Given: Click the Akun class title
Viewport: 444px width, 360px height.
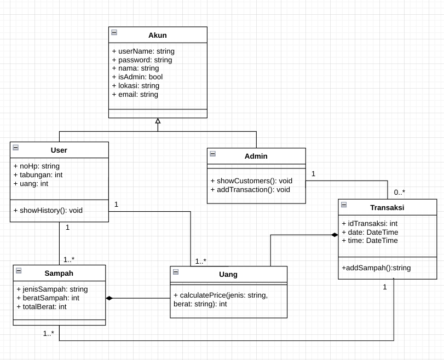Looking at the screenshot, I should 158,35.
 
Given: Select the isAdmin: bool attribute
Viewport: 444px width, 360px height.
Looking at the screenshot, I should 137,77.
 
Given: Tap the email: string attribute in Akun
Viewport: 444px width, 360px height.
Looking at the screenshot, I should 135,95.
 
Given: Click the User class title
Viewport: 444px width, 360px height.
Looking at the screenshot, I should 59,150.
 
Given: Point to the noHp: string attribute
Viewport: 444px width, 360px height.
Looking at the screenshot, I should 36,166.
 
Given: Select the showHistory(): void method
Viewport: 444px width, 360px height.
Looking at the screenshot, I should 48,210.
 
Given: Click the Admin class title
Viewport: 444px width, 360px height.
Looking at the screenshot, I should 256,156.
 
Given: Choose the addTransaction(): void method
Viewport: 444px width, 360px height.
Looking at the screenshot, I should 250,190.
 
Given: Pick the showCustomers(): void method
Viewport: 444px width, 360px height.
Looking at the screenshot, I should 251,181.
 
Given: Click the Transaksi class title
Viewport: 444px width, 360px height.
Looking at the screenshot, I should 387,207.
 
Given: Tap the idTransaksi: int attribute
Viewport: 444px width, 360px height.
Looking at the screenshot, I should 370,223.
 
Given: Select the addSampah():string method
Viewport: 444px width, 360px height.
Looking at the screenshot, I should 376,268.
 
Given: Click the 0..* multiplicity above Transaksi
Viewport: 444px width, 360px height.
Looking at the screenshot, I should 399,193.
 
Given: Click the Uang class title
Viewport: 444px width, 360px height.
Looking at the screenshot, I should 228,274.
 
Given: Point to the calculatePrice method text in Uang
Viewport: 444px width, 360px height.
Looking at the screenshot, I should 221,295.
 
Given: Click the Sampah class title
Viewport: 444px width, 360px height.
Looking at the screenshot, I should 59,273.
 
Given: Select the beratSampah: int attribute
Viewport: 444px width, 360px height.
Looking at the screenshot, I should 48,298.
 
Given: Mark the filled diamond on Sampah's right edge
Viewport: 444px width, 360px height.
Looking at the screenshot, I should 109,298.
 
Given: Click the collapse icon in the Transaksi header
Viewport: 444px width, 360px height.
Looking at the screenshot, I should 344,205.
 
